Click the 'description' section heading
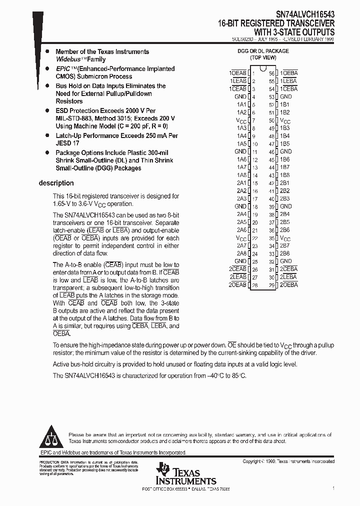[x=56, y=183]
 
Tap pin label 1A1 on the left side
[x=241, y=104]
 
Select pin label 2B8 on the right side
[x=285, y=253]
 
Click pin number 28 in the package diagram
[x=254, y=285]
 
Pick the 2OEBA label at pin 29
[x=288, y=285]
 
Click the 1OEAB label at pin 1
[x=238, y=73]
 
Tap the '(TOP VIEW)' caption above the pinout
[x=263, y=57]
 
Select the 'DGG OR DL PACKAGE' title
[x=263, y=51]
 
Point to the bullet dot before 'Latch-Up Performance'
[x=47, y=135]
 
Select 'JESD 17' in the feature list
[x=67, y=143]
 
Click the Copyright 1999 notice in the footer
[x=288, y=461]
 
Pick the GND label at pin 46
[x=286, y=151]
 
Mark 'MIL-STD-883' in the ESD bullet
[x=73, y=118]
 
